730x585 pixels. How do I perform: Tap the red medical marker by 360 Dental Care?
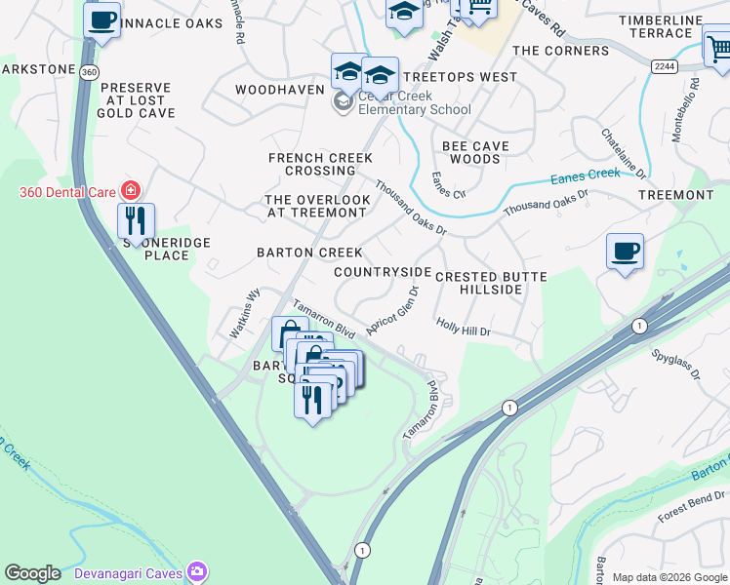[129, 190]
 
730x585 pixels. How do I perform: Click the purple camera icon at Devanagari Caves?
[198, 569]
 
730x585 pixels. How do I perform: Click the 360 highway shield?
[90, 72]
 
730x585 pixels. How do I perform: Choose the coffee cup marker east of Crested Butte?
[625, 252]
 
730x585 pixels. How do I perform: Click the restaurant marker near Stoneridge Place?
[136, 220]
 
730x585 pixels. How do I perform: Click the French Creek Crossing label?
[320, 164]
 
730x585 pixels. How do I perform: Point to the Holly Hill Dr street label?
[463, 328]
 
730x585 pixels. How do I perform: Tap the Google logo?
[32, 573]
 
